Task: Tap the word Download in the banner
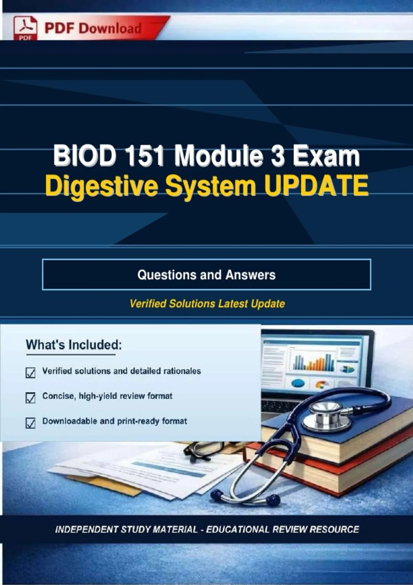(x=110, y=28)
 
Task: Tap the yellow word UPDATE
(x=317, y=185)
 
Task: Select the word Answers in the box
(x=251, y=275)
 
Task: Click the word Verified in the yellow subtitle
(x=148, y=304)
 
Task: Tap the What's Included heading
(x=74, y=345)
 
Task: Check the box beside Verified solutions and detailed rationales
(x=31, y=373)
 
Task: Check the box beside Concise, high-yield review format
(x=31, y=398)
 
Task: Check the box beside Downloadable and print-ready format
(x=31, y=423)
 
